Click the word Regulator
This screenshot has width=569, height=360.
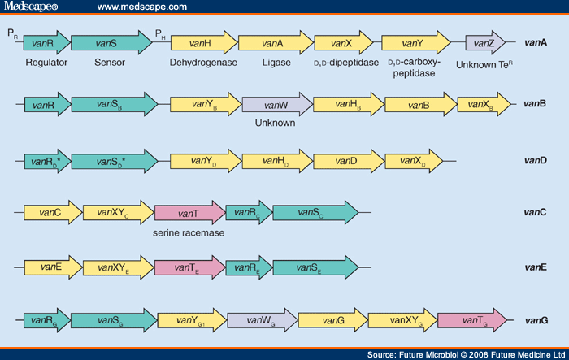pos(46,63)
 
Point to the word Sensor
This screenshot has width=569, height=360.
pos(108,63)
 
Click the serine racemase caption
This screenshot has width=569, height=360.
pos(188,233)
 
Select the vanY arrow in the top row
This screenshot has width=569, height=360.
pos(415,43)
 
